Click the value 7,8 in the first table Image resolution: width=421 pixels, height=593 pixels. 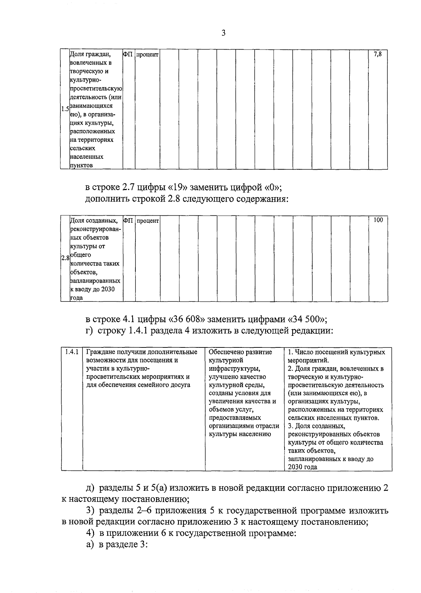coord(378,54)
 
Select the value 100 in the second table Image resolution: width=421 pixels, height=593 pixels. coord(378,220)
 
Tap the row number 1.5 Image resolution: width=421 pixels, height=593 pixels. coord(65,109)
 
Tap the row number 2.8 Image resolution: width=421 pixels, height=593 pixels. coord(65,258)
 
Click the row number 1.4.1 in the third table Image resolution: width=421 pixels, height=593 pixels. coord(72,352)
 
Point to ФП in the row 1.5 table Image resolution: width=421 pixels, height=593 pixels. coord(128,54)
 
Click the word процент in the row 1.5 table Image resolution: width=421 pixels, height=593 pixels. coord(147,55)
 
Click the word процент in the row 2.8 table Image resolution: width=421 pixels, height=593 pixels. coord(147,221)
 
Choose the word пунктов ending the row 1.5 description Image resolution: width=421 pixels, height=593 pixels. coord(81,165)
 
